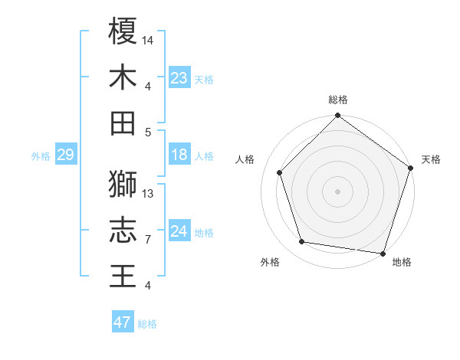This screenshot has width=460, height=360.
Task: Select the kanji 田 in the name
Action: [123, 123]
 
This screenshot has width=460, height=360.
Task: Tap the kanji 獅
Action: [123, 184]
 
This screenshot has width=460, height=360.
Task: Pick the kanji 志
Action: [123, 230]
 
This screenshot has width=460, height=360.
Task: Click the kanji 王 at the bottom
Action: [123, 276]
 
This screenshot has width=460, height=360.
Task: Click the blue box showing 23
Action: [179, 78]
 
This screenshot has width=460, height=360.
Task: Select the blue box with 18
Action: [179, 155]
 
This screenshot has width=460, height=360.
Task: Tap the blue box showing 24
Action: [179, 232]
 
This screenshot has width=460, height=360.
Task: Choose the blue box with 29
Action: [65, 155]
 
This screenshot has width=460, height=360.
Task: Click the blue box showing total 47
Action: [123, 322]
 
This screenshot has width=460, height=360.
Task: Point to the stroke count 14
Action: [148, 40]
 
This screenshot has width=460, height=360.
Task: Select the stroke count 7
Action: [148, 240]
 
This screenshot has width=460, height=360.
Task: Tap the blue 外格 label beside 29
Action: [41, 156]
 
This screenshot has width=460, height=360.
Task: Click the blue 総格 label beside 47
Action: [147, 323]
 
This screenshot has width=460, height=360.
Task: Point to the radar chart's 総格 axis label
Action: [337, 100]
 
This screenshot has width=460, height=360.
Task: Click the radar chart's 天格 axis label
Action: [431, 159]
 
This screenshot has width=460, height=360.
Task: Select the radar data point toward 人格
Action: [279, 172]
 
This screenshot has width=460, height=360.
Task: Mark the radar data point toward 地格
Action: [383, 253]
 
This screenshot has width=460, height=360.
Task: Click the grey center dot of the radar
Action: [337, 191]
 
